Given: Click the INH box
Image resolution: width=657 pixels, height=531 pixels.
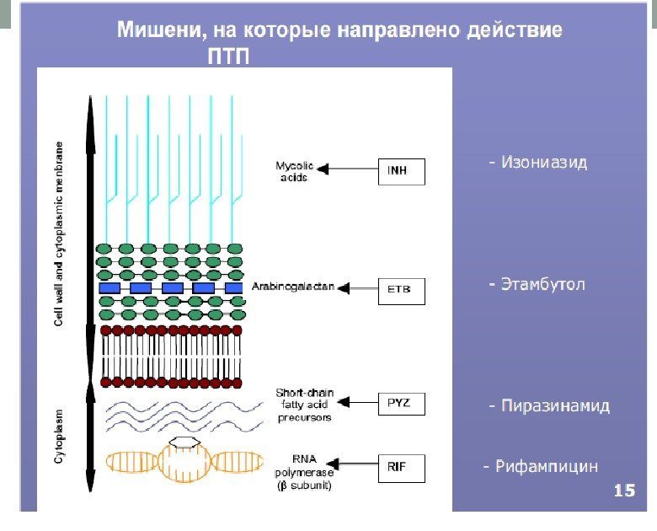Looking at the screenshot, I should pos(402,170).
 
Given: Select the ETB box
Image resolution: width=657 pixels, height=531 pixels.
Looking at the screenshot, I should pos(402,290).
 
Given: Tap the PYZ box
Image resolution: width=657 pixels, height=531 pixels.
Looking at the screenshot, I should pos(402,405).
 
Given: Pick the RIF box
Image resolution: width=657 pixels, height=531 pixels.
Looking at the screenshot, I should pos(402,467).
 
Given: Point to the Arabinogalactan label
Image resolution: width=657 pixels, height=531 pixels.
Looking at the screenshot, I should pos(293,287).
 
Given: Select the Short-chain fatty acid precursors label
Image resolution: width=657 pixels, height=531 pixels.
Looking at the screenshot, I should pos(303,405).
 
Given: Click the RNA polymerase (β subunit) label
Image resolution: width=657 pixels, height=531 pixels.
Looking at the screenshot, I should pos(303,473).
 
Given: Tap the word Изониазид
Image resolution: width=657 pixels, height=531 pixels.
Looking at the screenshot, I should pos(543,163).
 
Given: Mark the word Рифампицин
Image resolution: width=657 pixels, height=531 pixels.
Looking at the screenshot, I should pos(546,466).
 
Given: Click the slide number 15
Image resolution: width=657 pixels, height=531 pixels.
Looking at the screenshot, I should pos(624,490).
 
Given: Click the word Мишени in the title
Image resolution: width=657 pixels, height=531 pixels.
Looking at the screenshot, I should pos(161,31).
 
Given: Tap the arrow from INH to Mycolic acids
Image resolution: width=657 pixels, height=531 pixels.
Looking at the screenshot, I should pos(350,170).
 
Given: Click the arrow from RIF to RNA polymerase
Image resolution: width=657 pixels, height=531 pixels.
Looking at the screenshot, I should pos(353,464).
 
